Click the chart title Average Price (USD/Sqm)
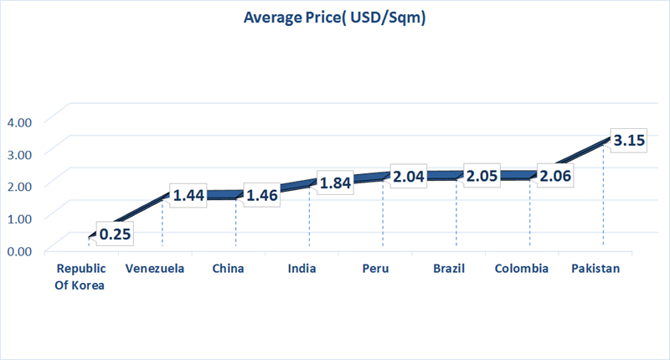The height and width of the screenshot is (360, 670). pos(335,18)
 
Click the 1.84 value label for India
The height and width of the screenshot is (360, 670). pos(336,182)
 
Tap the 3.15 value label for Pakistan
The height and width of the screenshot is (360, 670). pos(628,141)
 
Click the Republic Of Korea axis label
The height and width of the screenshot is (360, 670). pos(80,275)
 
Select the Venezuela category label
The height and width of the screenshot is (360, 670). pos(155,269)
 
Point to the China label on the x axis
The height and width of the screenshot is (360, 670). pos(229,269)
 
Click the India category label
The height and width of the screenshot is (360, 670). pos(301,269)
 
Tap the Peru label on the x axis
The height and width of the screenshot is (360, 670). pos(375,269)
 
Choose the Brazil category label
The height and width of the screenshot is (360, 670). pos(449,269)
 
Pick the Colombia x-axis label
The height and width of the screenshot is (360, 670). pos(522,269)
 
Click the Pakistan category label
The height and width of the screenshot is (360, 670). pos(595,269)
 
